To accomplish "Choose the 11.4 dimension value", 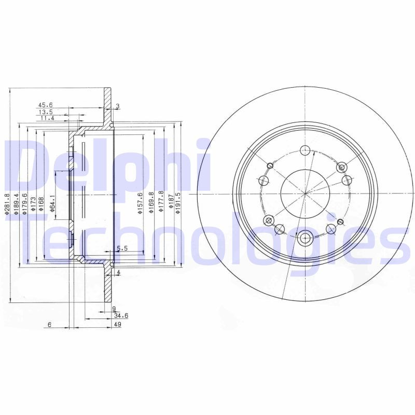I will [47, 118].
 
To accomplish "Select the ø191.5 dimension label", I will [178, 203].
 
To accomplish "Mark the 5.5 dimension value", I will [122, 249].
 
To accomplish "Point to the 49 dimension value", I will [117, 324].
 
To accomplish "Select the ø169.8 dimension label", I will [151, 202].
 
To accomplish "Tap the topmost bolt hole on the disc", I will [305, 151].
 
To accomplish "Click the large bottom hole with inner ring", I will [305, 238].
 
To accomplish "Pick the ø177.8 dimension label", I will [161, 202].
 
